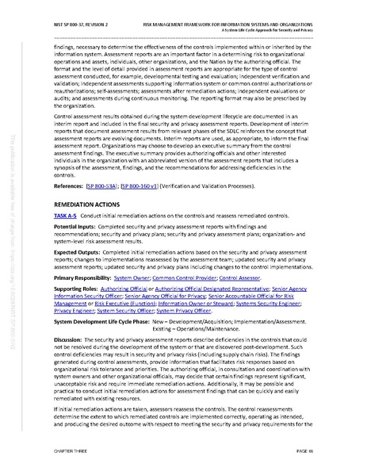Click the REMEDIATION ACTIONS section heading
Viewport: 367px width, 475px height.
pyautogui.click(x=87, y=204)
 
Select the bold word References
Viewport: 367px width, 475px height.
pyautogui.click(x=68, y=187)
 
